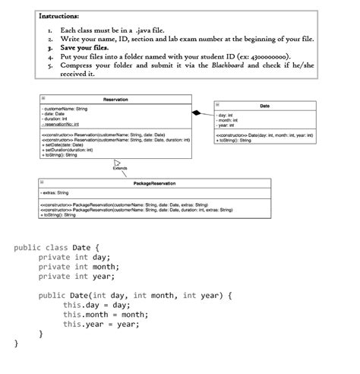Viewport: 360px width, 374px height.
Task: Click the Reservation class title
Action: coord(115,100)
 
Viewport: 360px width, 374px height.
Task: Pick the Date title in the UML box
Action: coord(264,106)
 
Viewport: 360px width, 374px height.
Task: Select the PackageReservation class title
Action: coord(153,185)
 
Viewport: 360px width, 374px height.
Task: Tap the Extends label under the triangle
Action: coord(120,168)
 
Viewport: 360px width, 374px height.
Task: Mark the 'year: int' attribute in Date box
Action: coord(226,125)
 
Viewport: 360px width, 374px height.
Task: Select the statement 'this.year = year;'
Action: coord(102,324)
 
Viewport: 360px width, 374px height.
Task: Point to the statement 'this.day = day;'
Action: coord(98,305)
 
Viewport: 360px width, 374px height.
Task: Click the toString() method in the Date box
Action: coord(235,140)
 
